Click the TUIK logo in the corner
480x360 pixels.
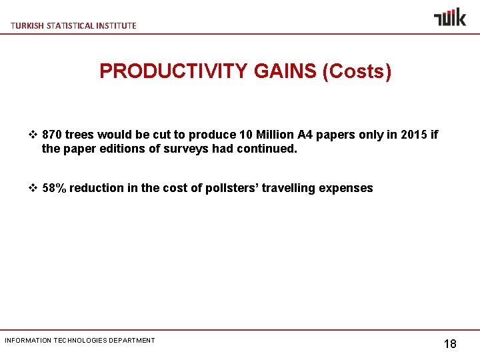point(450,17)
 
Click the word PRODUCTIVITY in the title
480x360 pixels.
point(174,71)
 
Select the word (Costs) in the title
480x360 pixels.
point(357,71)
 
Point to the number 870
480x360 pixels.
point(53,135)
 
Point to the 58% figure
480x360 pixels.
point(54,188)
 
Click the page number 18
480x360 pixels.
point(450,344)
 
